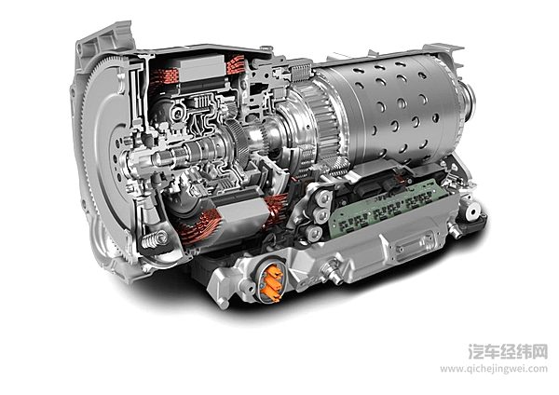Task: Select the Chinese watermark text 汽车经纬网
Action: pyautogui.click(x=508, y=351)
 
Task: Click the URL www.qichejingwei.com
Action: pyautogui.click(x=494, y=368)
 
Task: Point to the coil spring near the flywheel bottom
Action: pyautogui.click(x=155, y=239)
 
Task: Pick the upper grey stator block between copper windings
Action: pyautogui.click(x=202, y=69)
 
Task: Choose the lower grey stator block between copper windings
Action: pyautogui.click(x=242, y=213)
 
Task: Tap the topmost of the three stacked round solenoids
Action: pyautogui.click(x=323, y=198)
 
